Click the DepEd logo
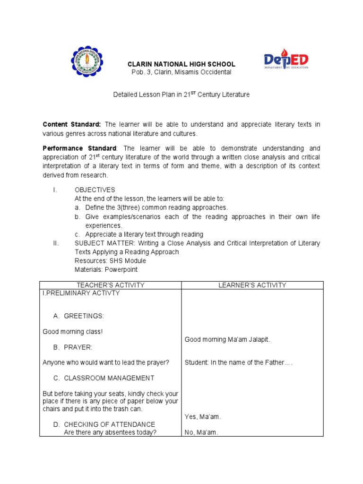tap(286, 60)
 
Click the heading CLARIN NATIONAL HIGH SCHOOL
tap(182, 64)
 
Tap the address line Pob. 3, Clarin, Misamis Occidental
tap(181, 72)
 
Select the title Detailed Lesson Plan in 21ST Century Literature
tap(181, 95)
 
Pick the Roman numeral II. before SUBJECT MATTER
tap(56, 243)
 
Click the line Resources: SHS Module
tap(110, 261)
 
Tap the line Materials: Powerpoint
tap(106, 270)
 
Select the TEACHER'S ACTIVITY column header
tap(110, 285)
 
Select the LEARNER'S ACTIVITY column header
tap(252, 285)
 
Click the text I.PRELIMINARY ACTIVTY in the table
tap(81, 293)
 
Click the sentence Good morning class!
tap(72, 332)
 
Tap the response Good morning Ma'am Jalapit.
tap(227, 339)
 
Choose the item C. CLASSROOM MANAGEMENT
tap(104, 378)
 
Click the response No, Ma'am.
tap(201, 432)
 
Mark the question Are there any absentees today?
tap(110, 432)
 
